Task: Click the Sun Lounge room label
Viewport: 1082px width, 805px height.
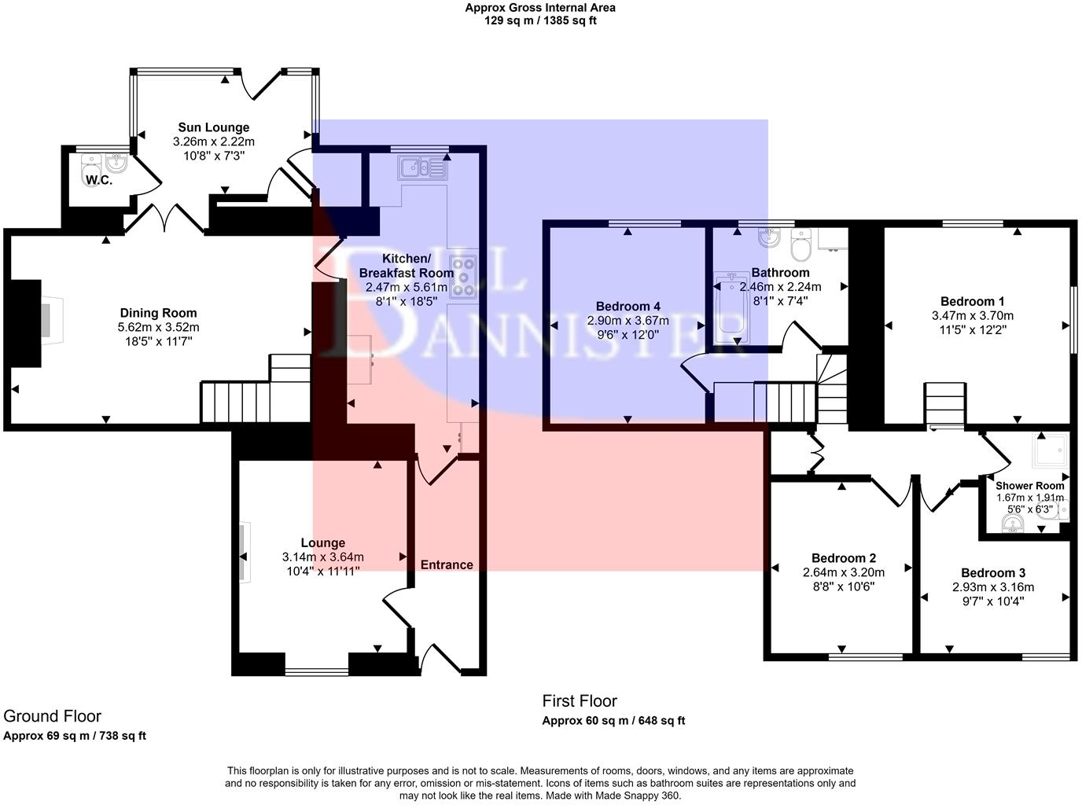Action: [x=213, y=127]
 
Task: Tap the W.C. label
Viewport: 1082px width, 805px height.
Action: [x=99, y=180]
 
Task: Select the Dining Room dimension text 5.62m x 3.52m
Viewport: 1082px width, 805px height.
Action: [x=158, y=327]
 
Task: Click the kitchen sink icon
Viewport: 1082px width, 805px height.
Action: [x=422, y=167]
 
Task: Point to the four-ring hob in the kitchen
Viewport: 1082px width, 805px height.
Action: [x=462, y=277]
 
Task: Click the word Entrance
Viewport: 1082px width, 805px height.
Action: [x=447, y=564]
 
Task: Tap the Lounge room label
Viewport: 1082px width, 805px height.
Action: [x=322, y=543]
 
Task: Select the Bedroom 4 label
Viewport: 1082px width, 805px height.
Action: [x=627, y=307]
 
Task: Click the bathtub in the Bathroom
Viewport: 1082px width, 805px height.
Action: [x=731, y=309]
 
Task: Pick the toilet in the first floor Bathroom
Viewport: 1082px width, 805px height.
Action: [x=802, y=247]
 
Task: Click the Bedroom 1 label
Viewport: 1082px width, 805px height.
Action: [x=972, y=301]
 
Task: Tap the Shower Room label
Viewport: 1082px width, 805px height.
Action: [x=1029, y=486]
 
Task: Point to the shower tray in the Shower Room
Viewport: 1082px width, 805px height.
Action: [x=1049, y=451]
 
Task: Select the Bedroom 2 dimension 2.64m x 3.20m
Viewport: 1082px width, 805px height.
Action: [x=843, y=572]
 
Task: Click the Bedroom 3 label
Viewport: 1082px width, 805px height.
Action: [x=992, y=573]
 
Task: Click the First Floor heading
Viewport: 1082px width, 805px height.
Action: [x=580, y=700]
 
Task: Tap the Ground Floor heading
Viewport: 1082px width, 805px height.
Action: [x=52, y=715]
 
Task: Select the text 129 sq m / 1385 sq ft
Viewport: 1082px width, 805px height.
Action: [x=539, y=21]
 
